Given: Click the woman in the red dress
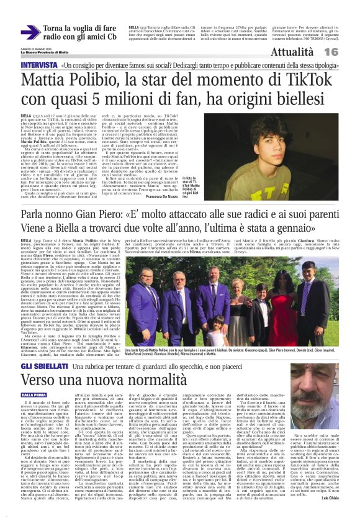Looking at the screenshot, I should pos(280,311).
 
